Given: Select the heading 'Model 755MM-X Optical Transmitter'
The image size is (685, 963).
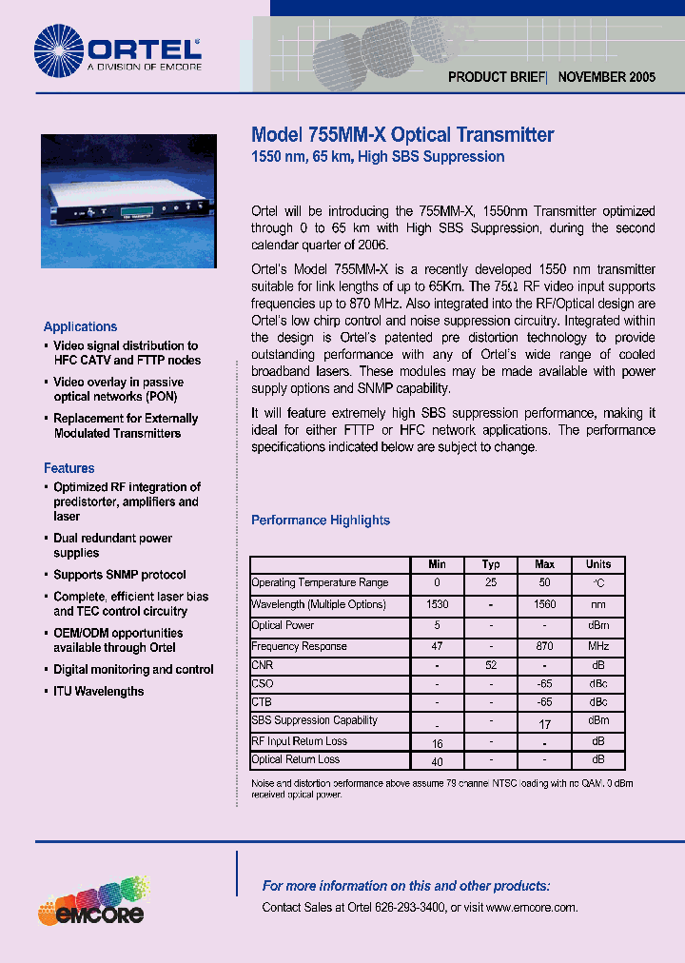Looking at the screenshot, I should tap(401, 135).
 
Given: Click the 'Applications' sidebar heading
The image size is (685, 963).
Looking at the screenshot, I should tap(81, 326).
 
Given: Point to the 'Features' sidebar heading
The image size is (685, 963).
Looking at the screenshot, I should tap(69, 468).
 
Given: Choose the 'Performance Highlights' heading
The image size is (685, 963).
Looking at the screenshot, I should tap(321, 521).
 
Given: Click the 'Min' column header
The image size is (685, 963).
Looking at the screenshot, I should tap(437, 564).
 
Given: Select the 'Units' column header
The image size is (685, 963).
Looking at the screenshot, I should tap(598, 564).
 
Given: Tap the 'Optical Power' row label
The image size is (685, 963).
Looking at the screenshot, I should tap(283, 625).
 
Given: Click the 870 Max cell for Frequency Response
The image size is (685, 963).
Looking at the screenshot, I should tap(545, 646).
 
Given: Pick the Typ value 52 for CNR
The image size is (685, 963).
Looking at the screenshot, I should tap(491, 667).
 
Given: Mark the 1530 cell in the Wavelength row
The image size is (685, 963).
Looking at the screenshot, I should tap(437, 604).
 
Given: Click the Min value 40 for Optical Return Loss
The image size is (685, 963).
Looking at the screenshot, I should tap(437, 761).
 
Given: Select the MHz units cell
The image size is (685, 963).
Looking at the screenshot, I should tap(598, 646).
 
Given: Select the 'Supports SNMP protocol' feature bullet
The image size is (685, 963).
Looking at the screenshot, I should tap(120, 575).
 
